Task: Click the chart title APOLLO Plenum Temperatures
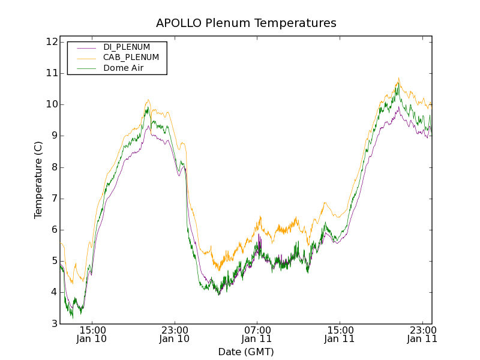tap(246, 23)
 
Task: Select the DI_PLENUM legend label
tap(127, 47)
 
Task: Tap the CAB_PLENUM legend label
tap(131, 58)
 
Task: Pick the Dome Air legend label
tap(123, 68)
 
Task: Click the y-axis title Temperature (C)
tap(38, 180)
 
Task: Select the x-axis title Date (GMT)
tap(246, 352)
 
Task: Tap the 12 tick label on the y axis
tap(51, 42)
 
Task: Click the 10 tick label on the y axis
tap(51, 104)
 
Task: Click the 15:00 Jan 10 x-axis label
tap(92, 334)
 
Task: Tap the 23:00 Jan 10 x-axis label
tap(175, 334)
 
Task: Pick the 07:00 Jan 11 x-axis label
tap(257, 334)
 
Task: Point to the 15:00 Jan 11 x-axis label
tap(340, 334)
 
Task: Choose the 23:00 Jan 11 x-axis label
tap(422, 334)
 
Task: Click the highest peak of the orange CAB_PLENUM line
tap(398, 77)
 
